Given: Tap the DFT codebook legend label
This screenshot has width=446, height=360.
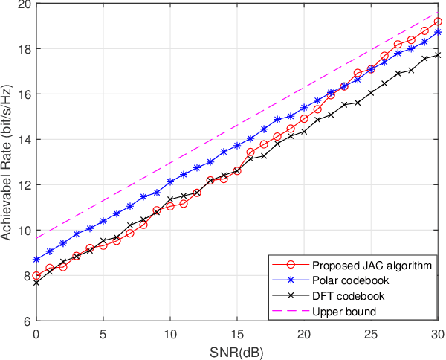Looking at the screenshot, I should coord(347,295).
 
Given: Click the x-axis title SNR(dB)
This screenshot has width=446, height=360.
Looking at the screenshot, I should coord(237,350).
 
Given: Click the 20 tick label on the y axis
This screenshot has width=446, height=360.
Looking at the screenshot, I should coord(24,4).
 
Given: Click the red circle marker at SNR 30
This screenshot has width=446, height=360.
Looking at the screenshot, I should coord(438,22).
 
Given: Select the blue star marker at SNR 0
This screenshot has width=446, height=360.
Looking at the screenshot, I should coord(36,260).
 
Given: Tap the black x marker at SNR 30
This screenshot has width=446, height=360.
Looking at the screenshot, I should coord(438,55).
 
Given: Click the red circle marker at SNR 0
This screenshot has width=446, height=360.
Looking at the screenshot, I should coord(36,275).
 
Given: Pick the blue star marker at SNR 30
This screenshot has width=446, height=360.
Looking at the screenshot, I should coord(438,32).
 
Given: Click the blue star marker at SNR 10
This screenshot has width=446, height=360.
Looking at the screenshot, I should coord(170,181).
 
